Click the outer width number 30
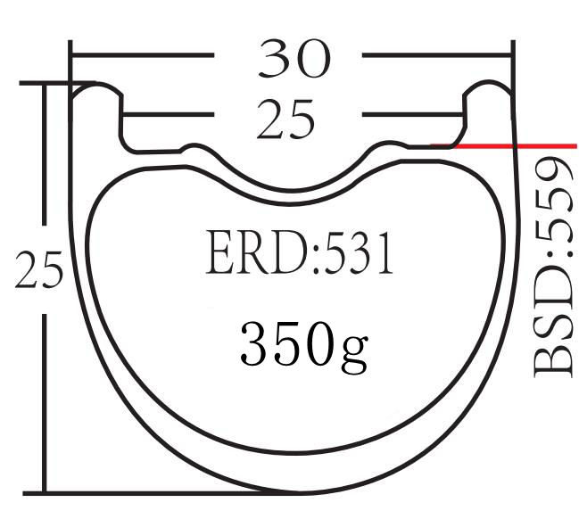pos(294,59)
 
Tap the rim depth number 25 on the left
pos(39,272)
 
